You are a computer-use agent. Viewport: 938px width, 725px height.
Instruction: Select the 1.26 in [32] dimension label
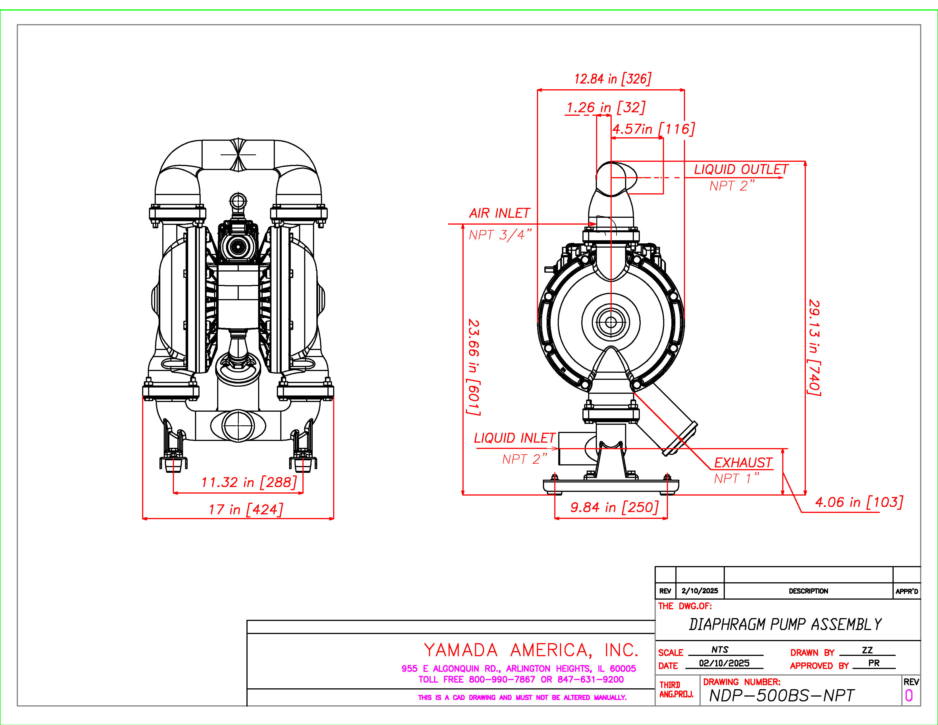tap(605, 107)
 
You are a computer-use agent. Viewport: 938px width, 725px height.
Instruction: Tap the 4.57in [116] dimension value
tap(653, 129)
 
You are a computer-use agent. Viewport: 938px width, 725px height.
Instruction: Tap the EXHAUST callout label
tap(743, 463)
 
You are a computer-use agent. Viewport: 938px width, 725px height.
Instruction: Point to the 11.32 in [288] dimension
tap(249, 482)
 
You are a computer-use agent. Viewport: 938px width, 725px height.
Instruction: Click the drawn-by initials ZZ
tap(867, 650)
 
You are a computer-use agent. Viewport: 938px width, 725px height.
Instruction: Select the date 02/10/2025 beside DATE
tap(724, 663)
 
